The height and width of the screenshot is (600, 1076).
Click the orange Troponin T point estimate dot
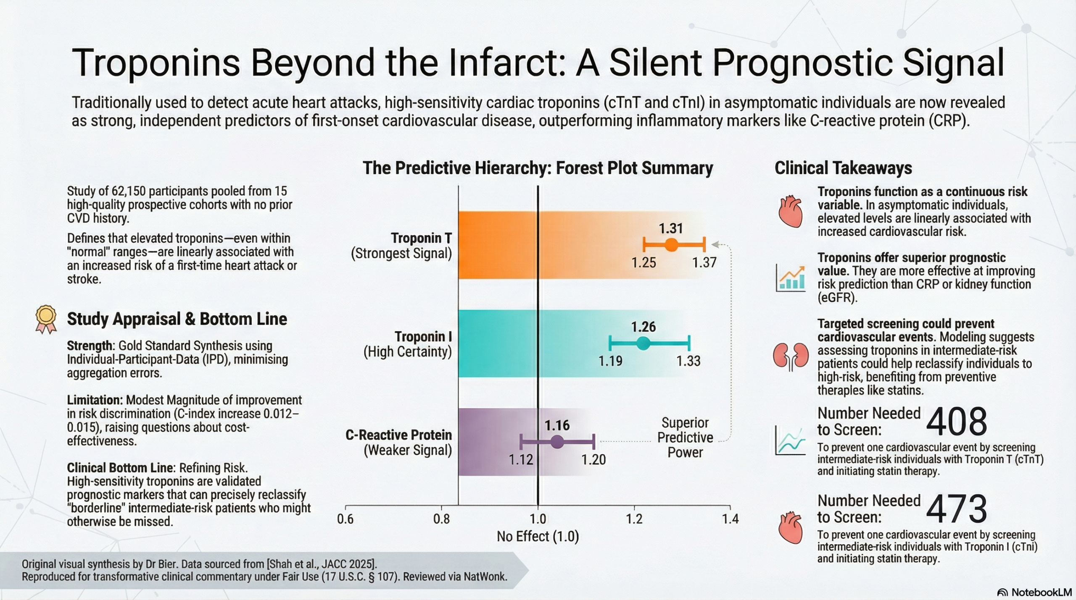click(x=671, y=244)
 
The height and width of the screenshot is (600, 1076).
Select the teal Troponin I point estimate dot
click(x=643, y=343)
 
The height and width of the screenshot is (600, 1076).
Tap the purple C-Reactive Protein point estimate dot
click(x=557, y=442)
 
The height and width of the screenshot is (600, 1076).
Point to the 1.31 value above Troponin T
click(x=671, y=228)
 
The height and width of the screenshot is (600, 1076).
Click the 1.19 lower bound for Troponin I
click(x=610, y=361)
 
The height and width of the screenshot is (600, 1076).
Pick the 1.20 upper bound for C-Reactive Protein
click(x=593, y=460)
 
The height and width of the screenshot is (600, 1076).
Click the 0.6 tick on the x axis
click(x=345, y=519)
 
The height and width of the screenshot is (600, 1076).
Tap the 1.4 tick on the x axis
click(x=730, y=519)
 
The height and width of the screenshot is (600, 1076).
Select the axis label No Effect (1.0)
click(x=538, y=536)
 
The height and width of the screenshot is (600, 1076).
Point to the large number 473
click(x=956, y=509)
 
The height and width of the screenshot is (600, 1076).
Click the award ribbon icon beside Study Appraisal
click(x=46, y=320)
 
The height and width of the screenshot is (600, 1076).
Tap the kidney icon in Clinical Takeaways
click(x=791, y=356)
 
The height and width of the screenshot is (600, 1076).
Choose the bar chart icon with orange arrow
click(x=791, y=278)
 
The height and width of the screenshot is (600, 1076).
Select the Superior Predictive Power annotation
click(x=685, y=438)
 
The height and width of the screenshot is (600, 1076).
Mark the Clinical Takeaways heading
click(x=843, y=168)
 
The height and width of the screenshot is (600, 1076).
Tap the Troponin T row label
click(x=421, y=238)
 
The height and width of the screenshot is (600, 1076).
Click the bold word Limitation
click(x=95, y=400)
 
